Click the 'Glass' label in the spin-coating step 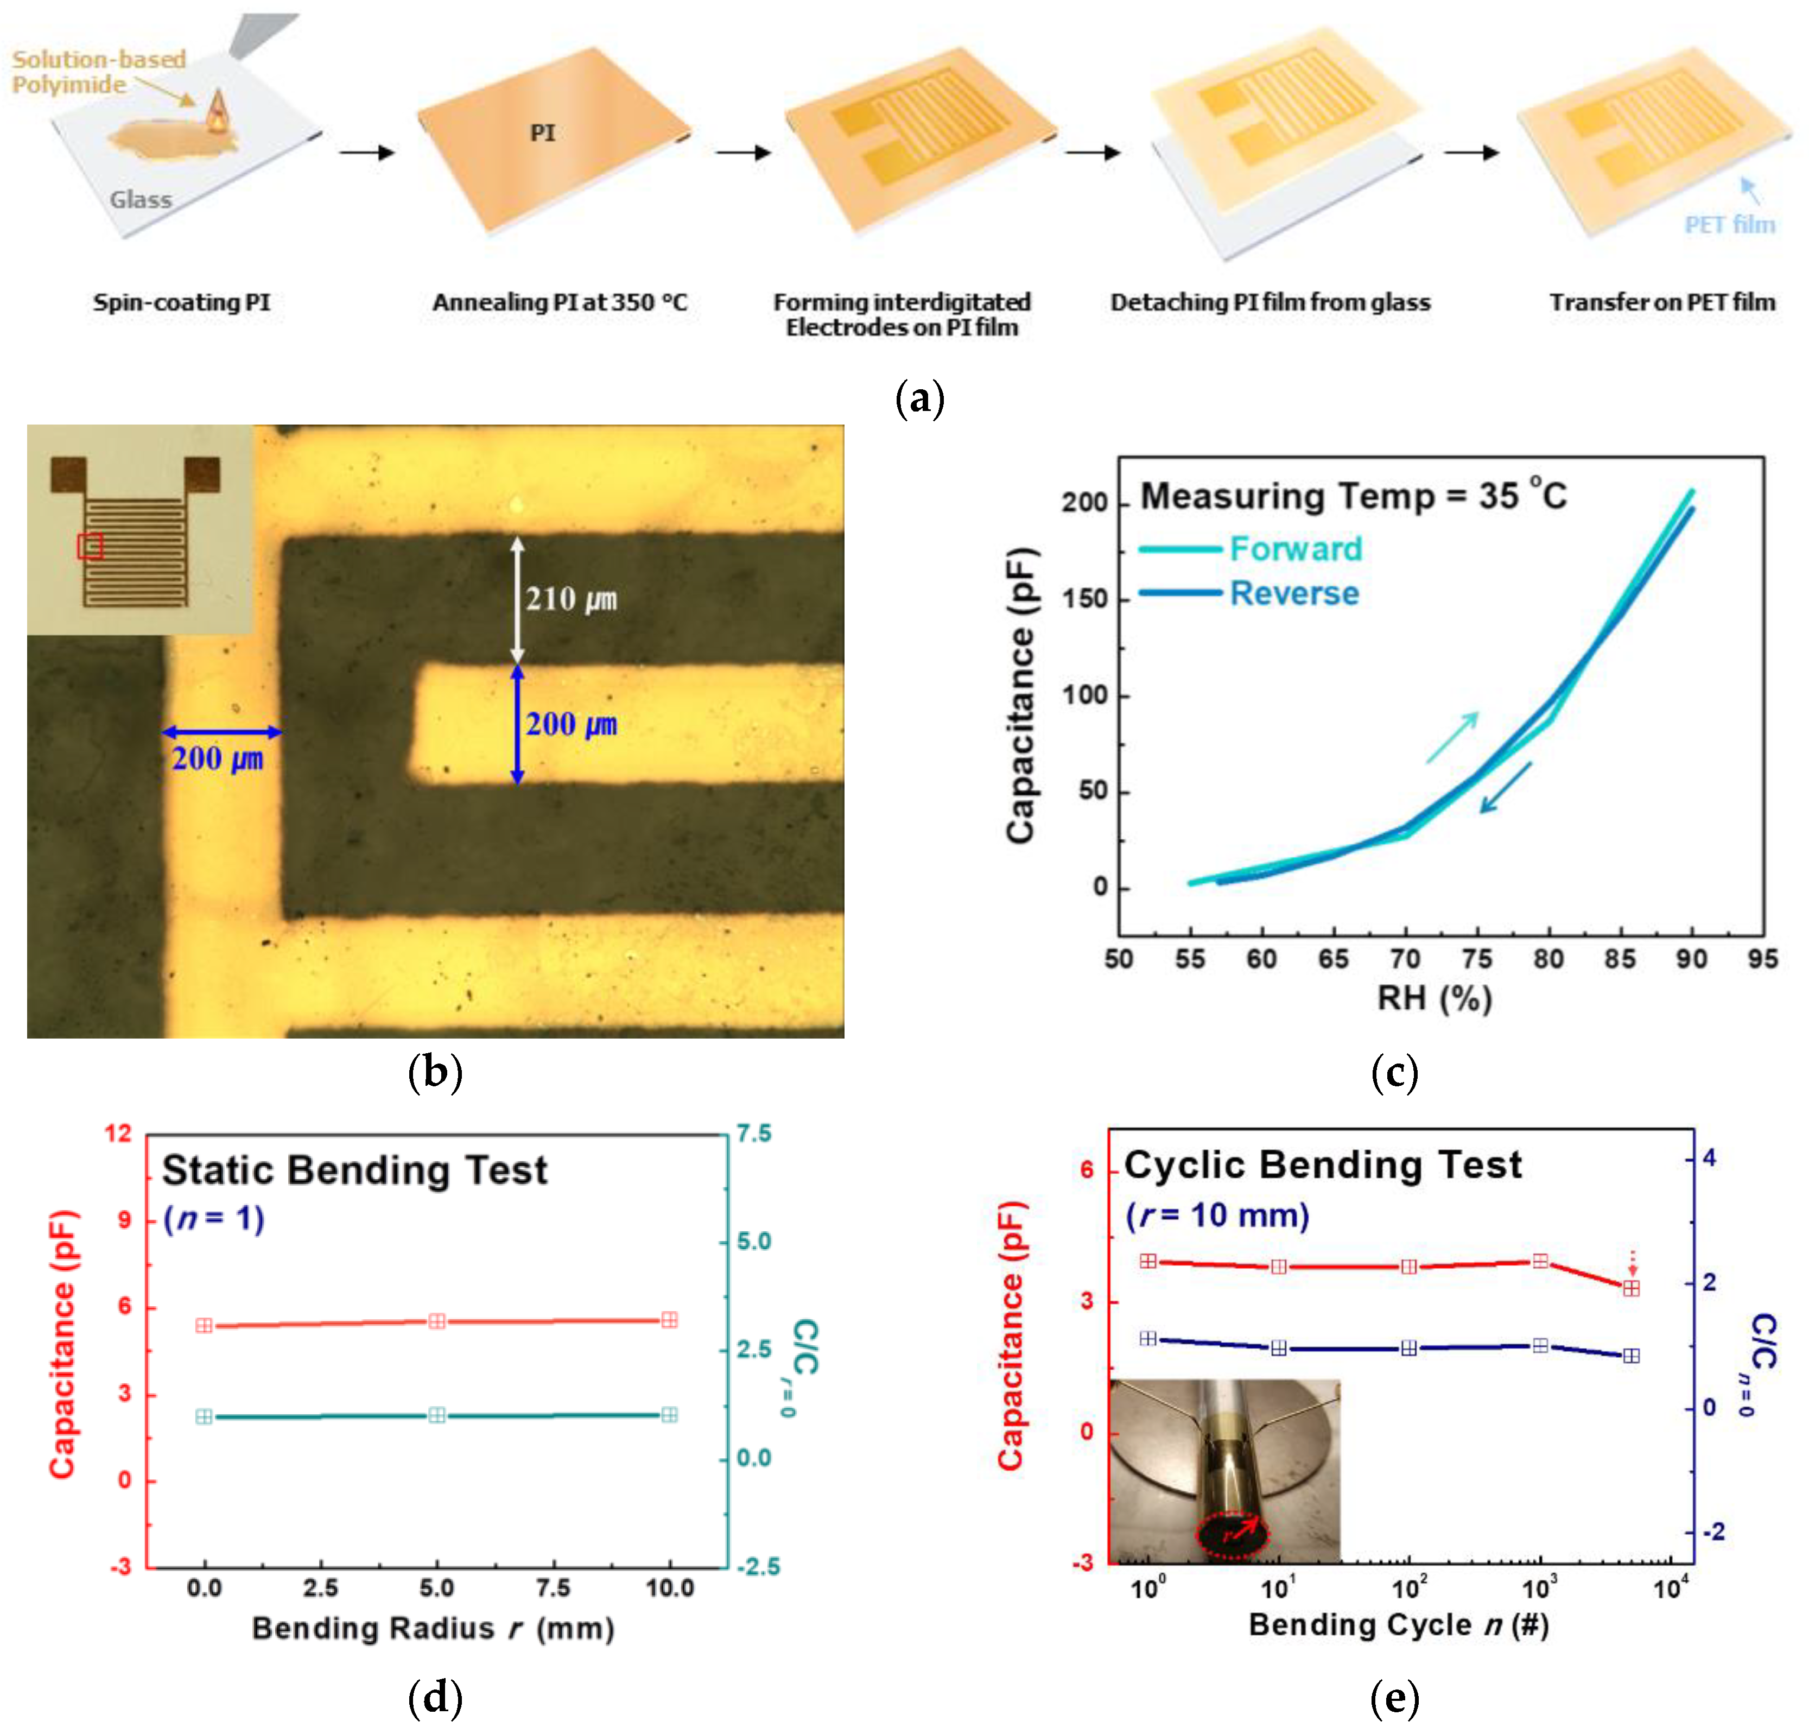140,199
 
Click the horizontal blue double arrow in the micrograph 221,732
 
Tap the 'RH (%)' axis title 1434,998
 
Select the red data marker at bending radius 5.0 436,1321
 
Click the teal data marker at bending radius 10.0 669,1415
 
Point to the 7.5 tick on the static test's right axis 754,1133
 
